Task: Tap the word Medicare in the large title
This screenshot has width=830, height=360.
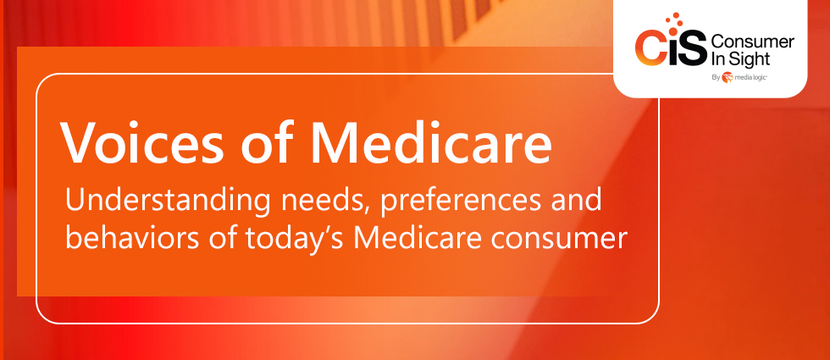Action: (431, 142)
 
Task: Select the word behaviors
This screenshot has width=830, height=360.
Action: (132, 237)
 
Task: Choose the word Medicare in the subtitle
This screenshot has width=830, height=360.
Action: (418, 237)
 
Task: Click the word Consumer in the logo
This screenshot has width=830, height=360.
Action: (753, 42)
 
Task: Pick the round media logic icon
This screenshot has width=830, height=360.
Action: (728, 77)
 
